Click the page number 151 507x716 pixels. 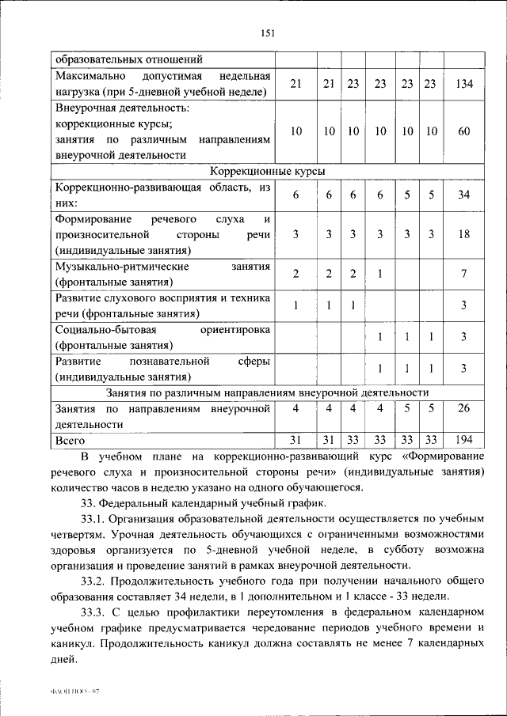pyautogui.click(x=267, y=32)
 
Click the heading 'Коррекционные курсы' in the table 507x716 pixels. pyautogui.click(x=267, y=171)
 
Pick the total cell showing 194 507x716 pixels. pyautogui.click(x=465, y=439)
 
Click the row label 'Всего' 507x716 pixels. pyautogui.click(x=70, y=439)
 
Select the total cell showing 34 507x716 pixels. pyautogui.click(x=465, y=195)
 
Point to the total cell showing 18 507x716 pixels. pyautogui.click(x=465, y=235)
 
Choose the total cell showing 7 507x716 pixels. pyautogui.click(x=465, y=274)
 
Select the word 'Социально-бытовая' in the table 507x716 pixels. pyautogui.click(x=99, y=329)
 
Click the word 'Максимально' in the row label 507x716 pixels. pyautogui.click(x=88, y=77)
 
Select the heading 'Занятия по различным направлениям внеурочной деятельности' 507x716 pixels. pyautogui.click(x=267, y=392)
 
